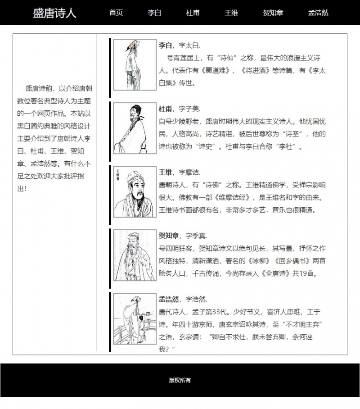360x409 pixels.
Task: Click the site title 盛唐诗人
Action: (54, 13)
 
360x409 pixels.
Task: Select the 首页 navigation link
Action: (116, 13)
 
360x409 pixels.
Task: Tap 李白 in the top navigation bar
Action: (154, 13)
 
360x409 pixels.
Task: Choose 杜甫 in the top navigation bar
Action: (193, 13)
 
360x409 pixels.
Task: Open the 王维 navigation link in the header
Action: (231, 13)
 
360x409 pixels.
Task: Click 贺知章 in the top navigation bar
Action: (273, 13)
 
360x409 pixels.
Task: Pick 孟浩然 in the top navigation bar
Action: (318, 13)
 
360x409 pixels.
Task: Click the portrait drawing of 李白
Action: (135, 65)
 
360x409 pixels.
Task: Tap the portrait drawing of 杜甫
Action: (135, 128)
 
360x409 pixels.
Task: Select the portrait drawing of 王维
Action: (135, 192)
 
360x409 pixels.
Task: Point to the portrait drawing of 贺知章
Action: (135, 255)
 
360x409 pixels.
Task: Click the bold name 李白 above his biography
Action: (165, 45)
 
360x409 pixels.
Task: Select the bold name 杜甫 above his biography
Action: (165, 109)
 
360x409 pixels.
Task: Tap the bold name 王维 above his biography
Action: (165, 173)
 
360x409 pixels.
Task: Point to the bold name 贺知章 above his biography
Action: (169, 236)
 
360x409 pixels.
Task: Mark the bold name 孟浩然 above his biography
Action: (169, 300)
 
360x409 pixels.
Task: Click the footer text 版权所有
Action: (180, 380)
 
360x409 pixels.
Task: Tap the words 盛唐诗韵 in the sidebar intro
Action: (39, 88)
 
